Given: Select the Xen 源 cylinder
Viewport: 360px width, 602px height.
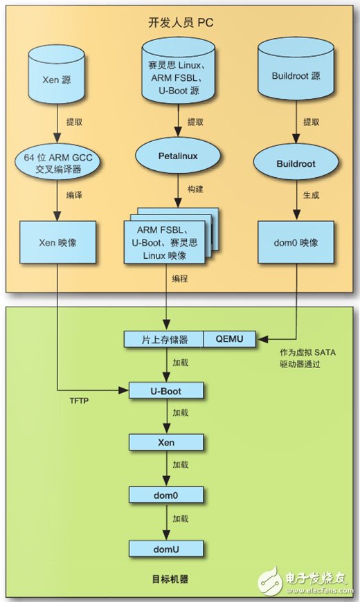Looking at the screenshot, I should coord(57,77).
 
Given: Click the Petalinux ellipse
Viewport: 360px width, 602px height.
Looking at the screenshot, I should coord(179,156).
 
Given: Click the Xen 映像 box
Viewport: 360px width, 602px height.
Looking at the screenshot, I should coord(57,243).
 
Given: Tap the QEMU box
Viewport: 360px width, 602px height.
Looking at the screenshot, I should coord(230,339).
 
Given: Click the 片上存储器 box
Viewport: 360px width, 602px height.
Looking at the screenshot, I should coord(164,339).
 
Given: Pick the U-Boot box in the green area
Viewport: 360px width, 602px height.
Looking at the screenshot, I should coord(167,391).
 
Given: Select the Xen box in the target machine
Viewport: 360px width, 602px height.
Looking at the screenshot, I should coord(167,441).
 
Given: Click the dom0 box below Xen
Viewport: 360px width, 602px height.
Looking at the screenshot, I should coord(167,494).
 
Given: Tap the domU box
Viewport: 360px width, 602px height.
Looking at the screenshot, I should coord(167,549).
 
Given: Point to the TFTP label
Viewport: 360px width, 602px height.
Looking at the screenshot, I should coord(80,400).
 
